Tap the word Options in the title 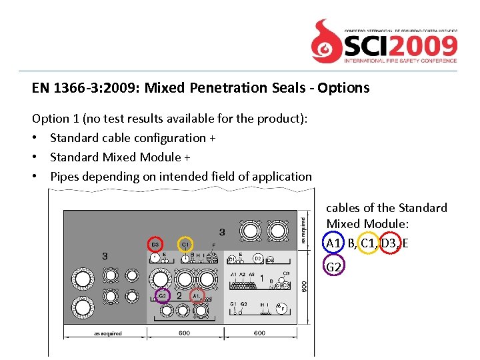tap(343, 88)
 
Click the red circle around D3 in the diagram tap(155, 245)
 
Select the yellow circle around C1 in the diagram tap(185, 245)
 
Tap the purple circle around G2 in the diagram tap(162, 295)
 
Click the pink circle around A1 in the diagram tap(197, 295)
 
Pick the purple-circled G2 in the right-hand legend tap(334, 267)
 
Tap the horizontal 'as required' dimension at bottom tap(107, 333)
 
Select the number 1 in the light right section tap(262, 277)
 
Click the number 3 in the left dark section tap(105, 256)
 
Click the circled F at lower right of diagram tap(283, 309)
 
